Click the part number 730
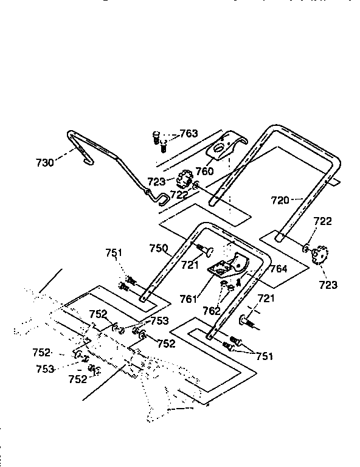(x=45, y=162)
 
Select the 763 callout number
(x=189, y=134)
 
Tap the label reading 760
(x=205, y=172)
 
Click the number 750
(x=159, y=249)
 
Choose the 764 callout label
(x=279, y=268)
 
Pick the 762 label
(x=212, y=311)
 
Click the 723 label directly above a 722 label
(x=157, y=182)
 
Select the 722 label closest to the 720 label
(x=323, y=222)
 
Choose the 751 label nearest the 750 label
(x=114, y=254)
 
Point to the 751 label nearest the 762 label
(x=265, y=356)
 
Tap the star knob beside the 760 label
(x=182, y=180)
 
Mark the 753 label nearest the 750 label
(x=159, y=321)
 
